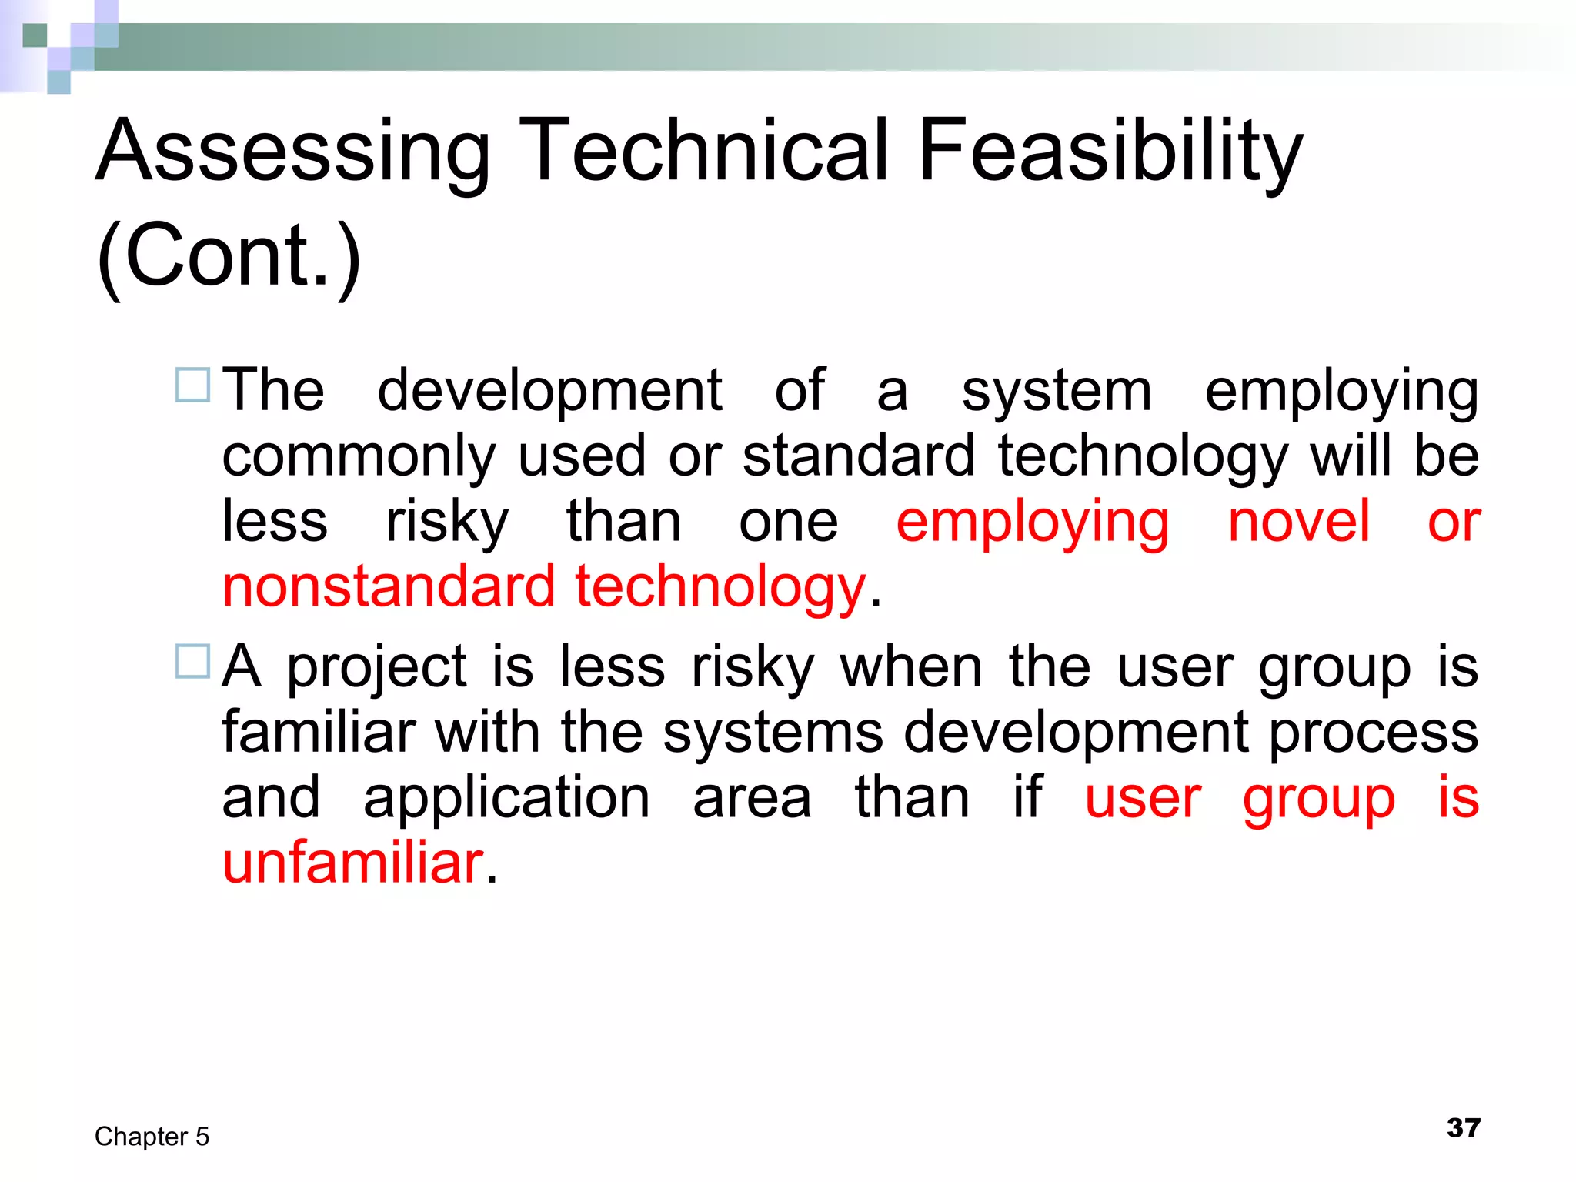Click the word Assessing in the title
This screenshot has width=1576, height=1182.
[293, 152]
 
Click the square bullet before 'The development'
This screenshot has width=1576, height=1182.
[192, 386]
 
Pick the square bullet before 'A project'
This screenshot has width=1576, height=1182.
[192, 662]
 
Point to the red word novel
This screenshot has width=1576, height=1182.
[1298, 522]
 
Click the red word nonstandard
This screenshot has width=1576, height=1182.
[389, 586]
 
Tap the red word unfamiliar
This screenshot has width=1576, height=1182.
[353, 863]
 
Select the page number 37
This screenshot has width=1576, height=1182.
[1463, 1128]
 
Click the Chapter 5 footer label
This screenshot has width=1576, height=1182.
[152, 1137]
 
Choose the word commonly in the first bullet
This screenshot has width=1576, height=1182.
[359, 456]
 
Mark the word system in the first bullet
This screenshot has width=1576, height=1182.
[1057, 391]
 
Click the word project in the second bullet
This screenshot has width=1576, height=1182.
[377, 667]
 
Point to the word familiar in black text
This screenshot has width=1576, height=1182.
[319, 732]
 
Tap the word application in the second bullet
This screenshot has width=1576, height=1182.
[506, 799]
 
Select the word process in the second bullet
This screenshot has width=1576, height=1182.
[1373, 733]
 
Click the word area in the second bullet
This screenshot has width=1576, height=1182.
[752, 799]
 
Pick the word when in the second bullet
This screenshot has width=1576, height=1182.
[911, 666]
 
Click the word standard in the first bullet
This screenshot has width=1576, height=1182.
[859, 456]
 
